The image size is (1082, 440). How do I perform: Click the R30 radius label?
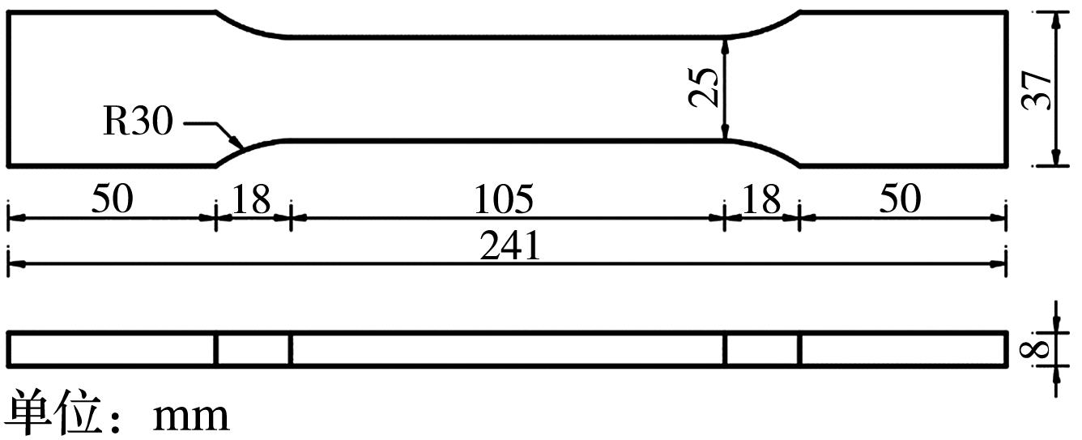[x=138, y=121]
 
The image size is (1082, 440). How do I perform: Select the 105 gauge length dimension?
[x=504, y=199]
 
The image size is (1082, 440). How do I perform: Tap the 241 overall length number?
[x=510, y=246]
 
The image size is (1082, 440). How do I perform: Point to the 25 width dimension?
[x=703, y=87]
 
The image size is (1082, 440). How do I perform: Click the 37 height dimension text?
[x=1037, y=91]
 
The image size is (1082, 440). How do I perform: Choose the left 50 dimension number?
[x=112, y=199]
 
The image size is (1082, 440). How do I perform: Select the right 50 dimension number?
[x=901, y=199]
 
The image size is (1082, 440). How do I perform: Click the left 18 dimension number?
[x=251, y=199]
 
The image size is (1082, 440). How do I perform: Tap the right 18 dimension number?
[x=760, y=199]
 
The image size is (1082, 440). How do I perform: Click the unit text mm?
[x=191, y=417]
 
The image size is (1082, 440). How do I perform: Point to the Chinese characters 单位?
[x=56, y=411]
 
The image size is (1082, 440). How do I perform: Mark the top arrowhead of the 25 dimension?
[x=725, y=46]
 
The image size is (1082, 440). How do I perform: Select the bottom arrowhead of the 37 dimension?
[x=1056, y=157]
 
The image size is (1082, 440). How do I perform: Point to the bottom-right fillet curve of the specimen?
[x=765, y=151]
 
